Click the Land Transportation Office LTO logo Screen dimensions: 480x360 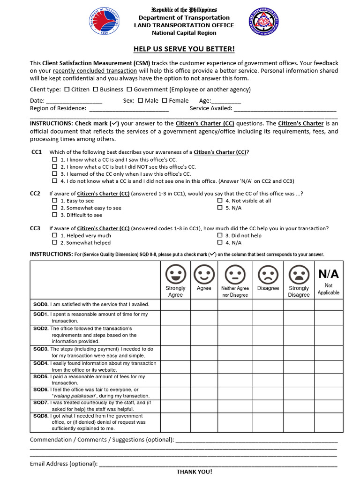point(264,22)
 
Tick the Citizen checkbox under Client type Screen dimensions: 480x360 point(67,89)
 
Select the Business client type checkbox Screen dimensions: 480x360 point(96,89)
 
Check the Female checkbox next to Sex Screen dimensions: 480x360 point(165,100)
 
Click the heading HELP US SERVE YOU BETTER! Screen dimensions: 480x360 point(184,49)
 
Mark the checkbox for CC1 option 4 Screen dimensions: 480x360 point(54,181)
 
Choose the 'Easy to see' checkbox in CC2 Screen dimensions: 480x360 point(54,201)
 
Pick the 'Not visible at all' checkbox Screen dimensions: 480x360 point(220,201)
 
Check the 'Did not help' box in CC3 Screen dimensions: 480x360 point(220,236)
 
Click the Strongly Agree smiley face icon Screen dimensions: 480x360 point(175,274)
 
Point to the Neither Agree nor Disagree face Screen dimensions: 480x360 point(235,274)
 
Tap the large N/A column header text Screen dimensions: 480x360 point(329,274)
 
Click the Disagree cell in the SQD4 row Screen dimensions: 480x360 point(268,367)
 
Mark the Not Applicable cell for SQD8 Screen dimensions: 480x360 point(329,422)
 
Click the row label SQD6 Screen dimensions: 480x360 point(41,390)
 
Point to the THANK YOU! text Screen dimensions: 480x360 point(194,472)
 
